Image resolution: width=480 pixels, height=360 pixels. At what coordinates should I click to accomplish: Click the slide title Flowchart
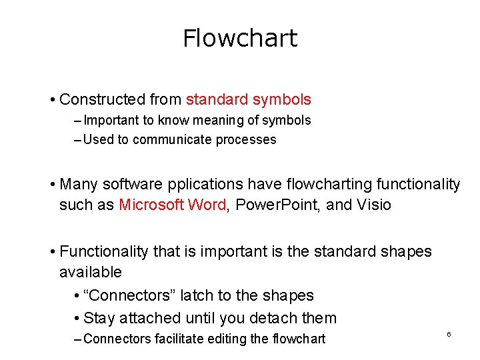(x=240, y=38)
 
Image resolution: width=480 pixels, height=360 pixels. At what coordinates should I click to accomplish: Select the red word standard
(x=217, y=100)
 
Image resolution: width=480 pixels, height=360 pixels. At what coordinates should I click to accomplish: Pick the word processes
(x=246, y=140)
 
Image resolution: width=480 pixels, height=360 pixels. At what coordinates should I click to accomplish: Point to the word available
(x=91, y=272)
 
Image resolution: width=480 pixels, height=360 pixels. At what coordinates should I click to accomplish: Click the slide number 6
(x=449, y=333)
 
